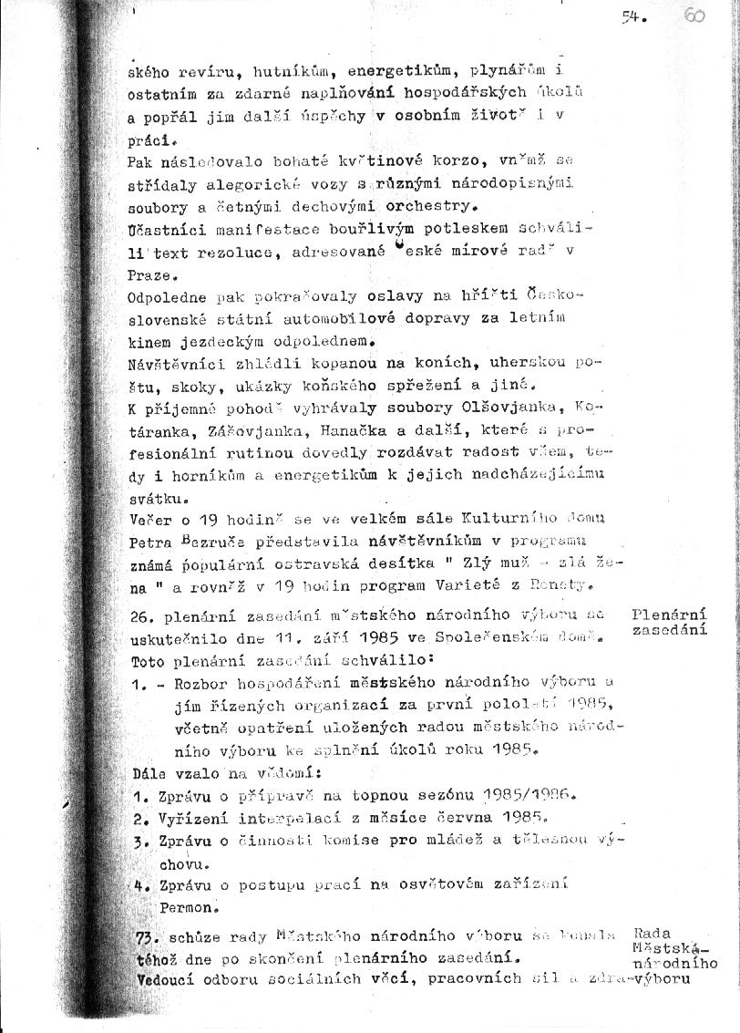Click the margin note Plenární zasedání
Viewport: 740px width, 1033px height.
point(669,621)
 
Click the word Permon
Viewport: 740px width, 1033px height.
point(190,883)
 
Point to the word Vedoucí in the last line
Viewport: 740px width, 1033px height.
point(169,981)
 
